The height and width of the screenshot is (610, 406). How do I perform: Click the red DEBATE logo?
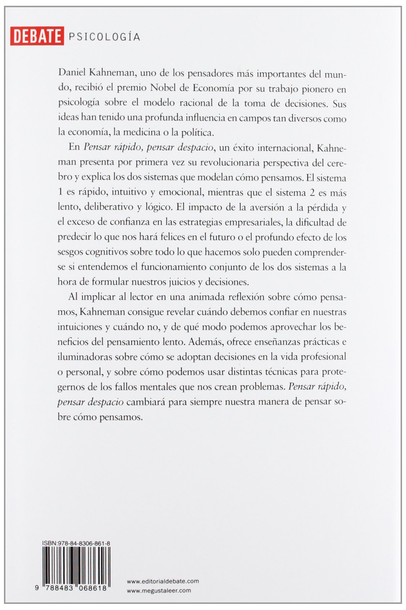click(x=36, y=36)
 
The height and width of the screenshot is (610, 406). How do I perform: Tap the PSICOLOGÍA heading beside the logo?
click(x=104, y=36)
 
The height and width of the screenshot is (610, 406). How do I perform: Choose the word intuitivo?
click(x=128, y=192)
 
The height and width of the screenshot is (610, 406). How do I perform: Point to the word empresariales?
click(x=254, y=222)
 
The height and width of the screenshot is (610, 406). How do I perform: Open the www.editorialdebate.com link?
click(x=163, y=581)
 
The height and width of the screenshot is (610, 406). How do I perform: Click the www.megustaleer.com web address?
click(x=159, y=590)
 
